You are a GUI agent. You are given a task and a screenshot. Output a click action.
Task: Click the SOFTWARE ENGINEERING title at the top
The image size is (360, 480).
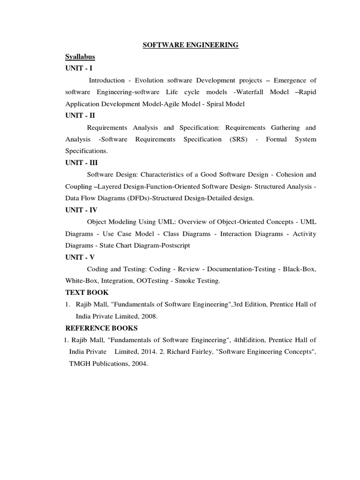[191, 45]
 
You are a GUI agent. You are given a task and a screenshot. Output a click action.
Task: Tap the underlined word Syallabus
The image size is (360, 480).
[80, 57]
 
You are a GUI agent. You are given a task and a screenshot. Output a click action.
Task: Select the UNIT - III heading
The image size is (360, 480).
[82, 163]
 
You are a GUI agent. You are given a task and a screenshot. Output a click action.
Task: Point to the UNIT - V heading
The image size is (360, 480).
[80, 257]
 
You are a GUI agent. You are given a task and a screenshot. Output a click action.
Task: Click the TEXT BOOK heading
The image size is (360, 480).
[87, 292]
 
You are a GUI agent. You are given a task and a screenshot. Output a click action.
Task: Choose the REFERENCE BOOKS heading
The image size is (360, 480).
[102, 328]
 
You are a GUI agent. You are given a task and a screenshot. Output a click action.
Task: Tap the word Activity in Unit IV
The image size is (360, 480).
[304, 233]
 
